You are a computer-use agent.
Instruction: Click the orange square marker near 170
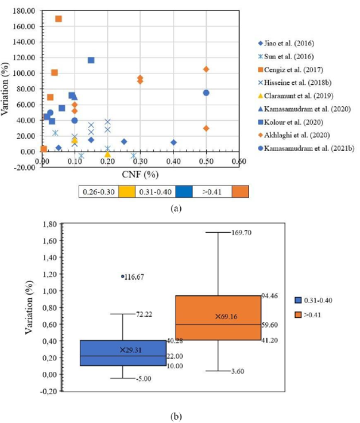pyautogui.click(x=58, y=19)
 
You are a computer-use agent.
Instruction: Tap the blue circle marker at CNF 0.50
pyautogui.click(x=206, y=93)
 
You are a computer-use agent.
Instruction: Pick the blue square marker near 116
pyautogui.click(x=91, y=60)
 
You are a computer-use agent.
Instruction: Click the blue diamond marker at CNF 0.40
pyautogui.click(x=173, y=143)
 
